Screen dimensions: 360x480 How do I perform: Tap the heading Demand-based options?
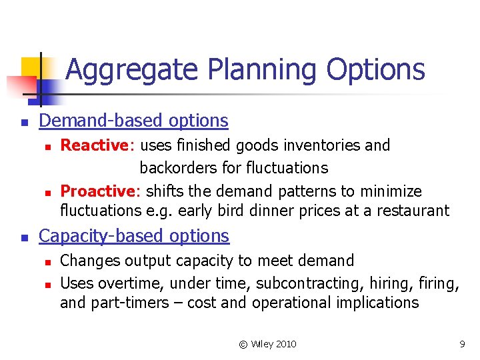pos(133,121)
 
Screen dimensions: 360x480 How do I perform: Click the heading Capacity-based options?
pos(134,236)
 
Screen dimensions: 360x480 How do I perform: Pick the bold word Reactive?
pos(93,145)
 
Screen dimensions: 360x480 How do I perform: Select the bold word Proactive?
pos(98,191)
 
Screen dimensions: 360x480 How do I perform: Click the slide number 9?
pos(461,344)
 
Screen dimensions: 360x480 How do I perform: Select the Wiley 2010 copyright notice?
pos(267,344)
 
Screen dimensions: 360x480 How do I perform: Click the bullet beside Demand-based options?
pos(23,122)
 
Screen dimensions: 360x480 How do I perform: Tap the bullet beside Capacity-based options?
pos(23,237)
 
